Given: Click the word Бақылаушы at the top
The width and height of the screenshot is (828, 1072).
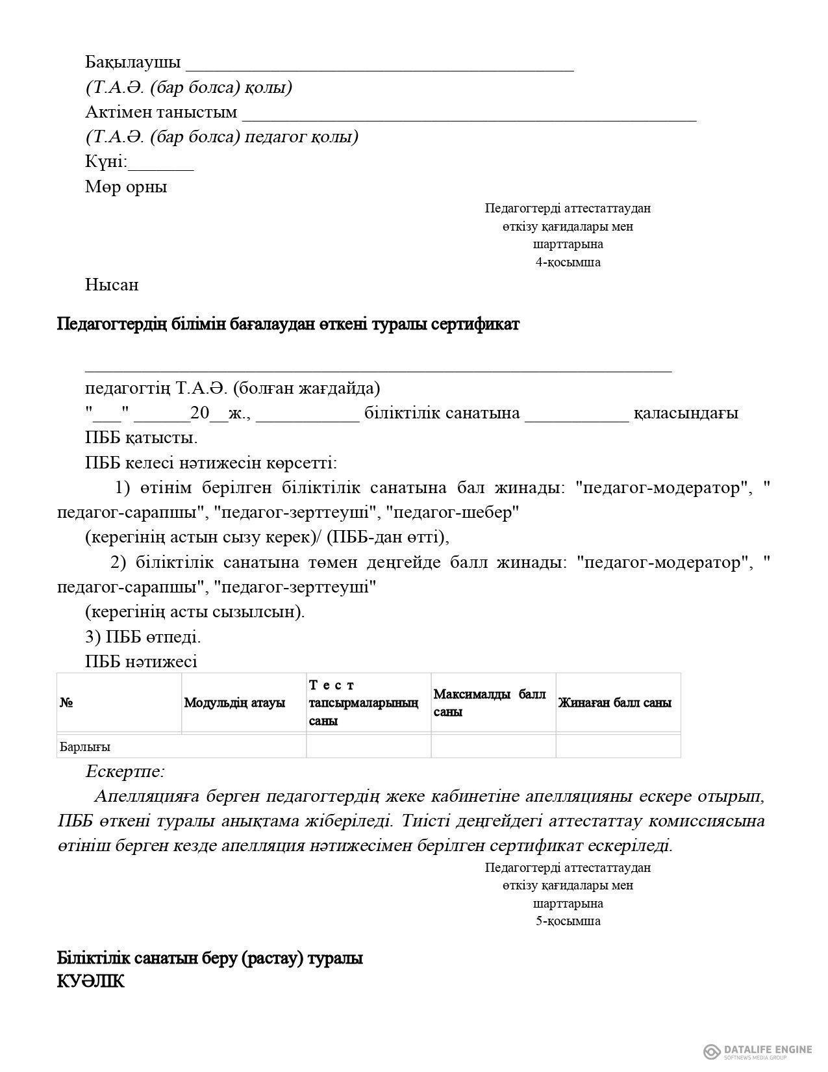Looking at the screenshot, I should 132,62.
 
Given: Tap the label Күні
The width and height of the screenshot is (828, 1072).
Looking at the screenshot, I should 105,162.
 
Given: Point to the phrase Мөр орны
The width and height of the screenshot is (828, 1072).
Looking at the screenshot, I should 126,187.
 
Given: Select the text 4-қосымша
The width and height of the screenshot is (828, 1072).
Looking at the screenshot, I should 568,262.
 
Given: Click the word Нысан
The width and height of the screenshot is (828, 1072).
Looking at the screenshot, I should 112,285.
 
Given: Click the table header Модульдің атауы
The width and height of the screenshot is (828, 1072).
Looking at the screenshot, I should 234,703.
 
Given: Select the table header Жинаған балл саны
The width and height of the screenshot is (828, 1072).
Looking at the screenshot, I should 615,703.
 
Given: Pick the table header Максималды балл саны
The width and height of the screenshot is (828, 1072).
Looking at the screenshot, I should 490,703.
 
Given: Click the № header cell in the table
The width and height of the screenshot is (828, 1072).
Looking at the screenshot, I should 66,703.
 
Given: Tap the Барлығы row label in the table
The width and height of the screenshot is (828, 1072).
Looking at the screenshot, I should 85,747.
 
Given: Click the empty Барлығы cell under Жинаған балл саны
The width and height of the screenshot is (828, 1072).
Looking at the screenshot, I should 618,747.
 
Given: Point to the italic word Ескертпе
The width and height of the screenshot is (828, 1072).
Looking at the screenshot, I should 125,772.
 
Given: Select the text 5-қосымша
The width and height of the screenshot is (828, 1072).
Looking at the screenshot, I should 568,921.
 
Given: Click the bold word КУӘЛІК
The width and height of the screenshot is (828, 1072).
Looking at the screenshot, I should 91,982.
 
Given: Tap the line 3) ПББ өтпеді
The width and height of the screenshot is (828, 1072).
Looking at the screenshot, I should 143,637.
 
